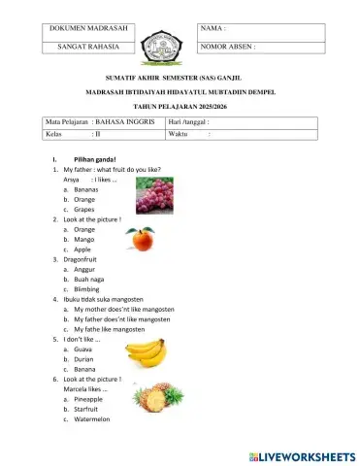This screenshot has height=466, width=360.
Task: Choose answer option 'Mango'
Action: (84, 239)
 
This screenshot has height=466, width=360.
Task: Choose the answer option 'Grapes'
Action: (84, 209)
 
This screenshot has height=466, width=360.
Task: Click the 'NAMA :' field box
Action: (261, 30)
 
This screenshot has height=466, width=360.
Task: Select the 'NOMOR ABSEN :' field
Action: (261, 46)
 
